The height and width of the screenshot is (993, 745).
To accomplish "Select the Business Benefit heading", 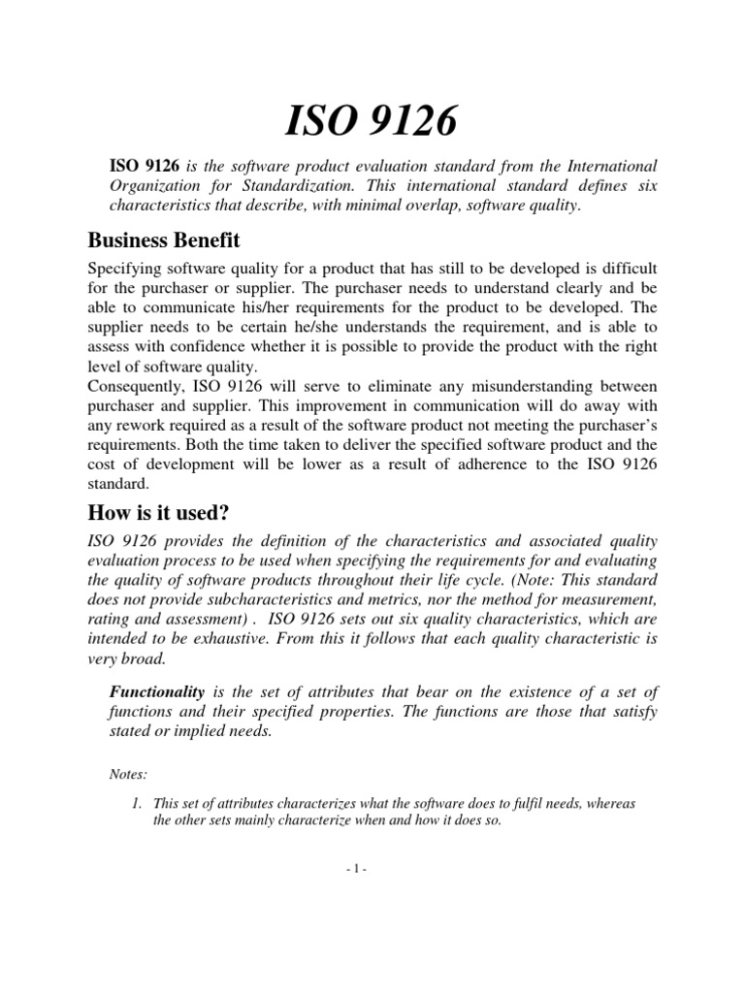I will pos(164,240).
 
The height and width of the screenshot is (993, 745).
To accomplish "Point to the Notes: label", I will pos(128,774).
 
